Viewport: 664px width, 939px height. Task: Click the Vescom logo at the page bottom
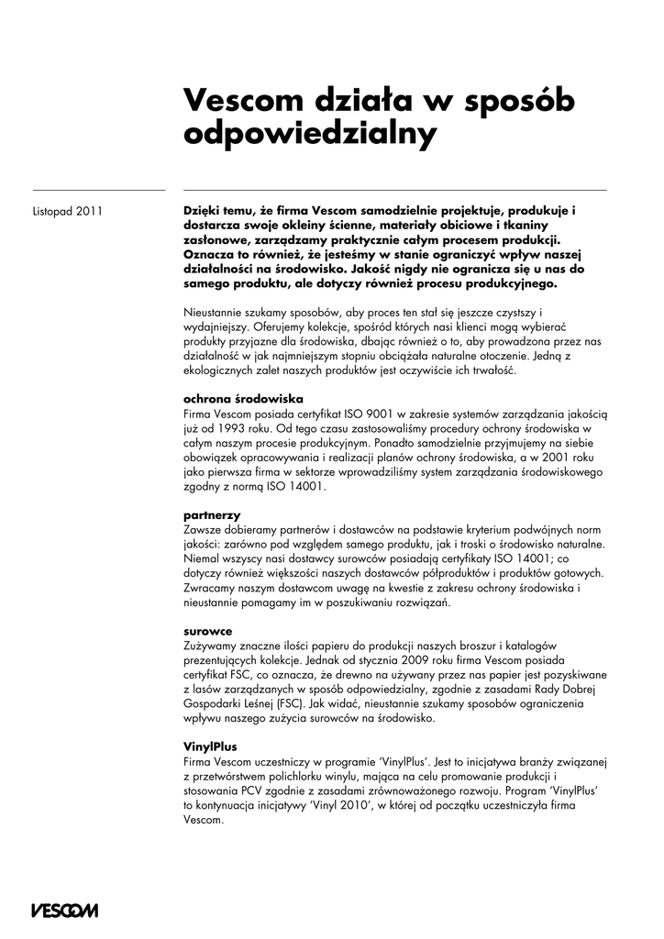[x=63, y=910]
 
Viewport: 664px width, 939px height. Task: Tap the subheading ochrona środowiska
[x=243, y=399]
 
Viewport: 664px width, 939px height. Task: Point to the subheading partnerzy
[x=211, y=515]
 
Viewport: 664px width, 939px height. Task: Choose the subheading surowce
[x=208, y=631]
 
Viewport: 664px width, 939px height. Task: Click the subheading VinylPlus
[x=210, y=746]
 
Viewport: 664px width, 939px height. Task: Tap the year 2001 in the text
[x=565, y=458]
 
